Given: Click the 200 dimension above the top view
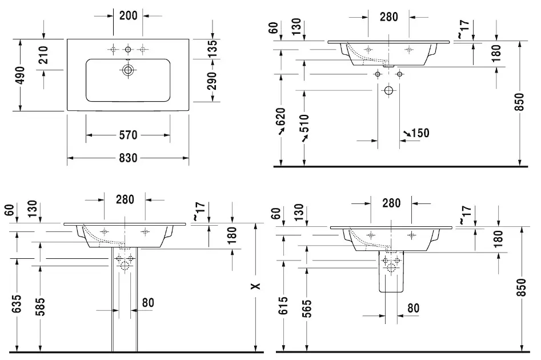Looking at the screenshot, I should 128,15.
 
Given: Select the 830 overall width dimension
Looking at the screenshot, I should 128,158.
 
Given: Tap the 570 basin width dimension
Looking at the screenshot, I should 128,135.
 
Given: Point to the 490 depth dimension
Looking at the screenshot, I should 20,75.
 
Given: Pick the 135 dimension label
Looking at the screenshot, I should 212,50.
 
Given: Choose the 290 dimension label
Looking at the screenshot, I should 212,82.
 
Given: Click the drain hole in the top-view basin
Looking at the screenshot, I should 128,70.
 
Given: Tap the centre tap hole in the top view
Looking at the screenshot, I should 128,48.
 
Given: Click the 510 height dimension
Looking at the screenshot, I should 304,124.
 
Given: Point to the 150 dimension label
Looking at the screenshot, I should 419,133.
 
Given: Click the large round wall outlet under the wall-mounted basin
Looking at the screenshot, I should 389,90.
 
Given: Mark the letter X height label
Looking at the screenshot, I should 257,286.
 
